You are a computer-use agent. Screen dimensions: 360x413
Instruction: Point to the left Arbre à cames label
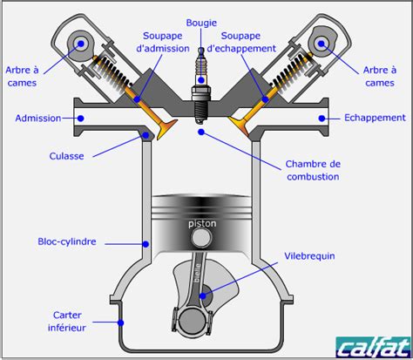23,77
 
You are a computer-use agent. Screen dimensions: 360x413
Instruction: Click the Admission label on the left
37,116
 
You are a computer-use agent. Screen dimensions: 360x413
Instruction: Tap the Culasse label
66,156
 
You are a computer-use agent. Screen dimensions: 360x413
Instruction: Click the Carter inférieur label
66,321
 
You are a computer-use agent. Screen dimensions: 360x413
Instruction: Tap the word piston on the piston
202,223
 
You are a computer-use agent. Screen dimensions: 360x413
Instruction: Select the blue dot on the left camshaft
83,41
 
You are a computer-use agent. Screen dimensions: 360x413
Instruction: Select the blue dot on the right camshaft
317,41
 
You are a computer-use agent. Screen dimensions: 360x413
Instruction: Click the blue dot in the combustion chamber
202,132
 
